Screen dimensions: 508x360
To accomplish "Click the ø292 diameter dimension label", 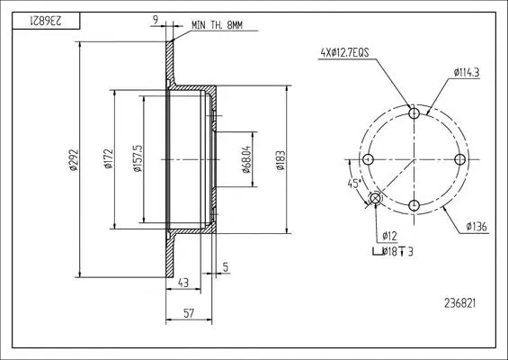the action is coord(74,159).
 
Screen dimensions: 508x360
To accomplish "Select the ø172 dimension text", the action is coord(109,159).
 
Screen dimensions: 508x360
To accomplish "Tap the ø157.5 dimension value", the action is coord(138,158).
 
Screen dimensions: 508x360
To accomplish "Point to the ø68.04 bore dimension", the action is coord(247,159).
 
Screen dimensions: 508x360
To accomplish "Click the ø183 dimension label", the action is coord(281,160).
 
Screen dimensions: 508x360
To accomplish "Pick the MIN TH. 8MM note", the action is coord(217,25).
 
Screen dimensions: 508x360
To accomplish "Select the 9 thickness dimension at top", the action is coord(156,20).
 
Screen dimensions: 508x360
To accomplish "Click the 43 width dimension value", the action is coord(183,283).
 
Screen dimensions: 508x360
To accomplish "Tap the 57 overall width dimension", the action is coord(189,313).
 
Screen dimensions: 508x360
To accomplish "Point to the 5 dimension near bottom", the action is coord(226,267).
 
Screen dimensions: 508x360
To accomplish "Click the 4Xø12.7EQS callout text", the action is coord(344,52).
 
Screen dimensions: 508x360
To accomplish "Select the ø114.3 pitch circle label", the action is coord(467,73).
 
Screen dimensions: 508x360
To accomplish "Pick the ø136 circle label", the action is coord(477,227).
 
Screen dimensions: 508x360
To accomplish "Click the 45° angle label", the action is coord(353,184).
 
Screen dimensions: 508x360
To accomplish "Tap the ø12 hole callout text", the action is coord(389,236).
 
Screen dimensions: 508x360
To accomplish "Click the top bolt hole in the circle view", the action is coord(414,113).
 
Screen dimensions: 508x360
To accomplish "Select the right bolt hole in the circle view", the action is coord(460,159).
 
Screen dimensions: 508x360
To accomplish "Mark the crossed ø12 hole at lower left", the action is coord(375,198).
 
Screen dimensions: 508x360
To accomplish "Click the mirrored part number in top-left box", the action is coord(46,21).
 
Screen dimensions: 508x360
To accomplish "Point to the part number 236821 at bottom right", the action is coord(460,303).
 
